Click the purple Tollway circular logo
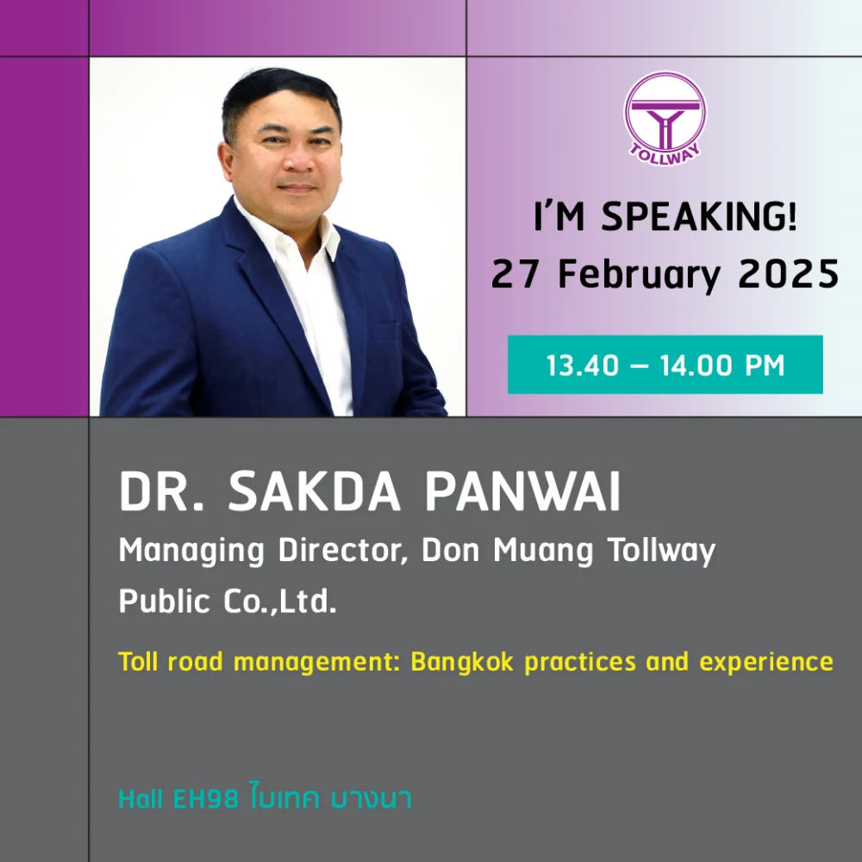[x=665, y=117]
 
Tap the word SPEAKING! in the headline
[x=698, y=216]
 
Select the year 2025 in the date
[x=789, y=274]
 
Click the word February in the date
[x=639, y=276]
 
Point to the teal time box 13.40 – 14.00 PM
[x=665, y=365]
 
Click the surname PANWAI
[x=522, y=491]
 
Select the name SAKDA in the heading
[x=315, y=491]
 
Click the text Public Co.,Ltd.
[x=227, y=601]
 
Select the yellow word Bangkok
[x=462, y=662]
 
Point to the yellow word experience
[x=765, y=662]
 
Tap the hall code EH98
[x=206, y=799]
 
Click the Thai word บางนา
[x=371, y=799]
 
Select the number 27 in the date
[x=515, y=274]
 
